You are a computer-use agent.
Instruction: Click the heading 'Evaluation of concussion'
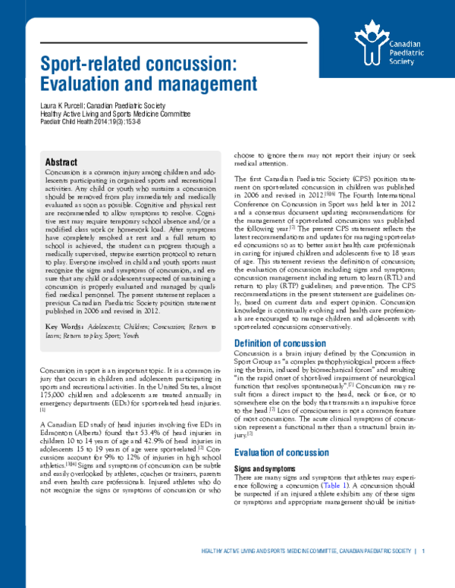[x=278, y=453]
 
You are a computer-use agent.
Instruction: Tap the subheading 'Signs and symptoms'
[x=262, y=469]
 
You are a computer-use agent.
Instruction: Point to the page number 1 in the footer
[x=422, y=572]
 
